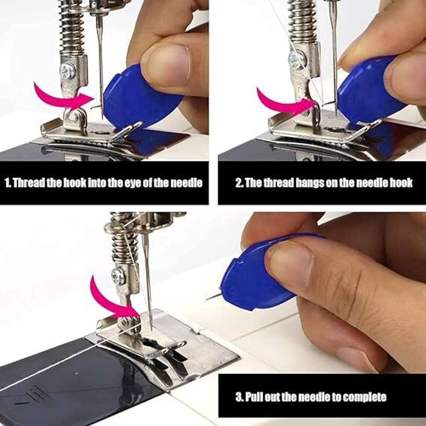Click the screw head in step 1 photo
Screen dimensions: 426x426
[68, 71]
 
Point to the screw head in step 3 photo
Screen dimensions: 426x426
[118, 276]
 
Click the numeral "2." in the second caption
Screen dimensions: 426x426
[239, 183]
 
